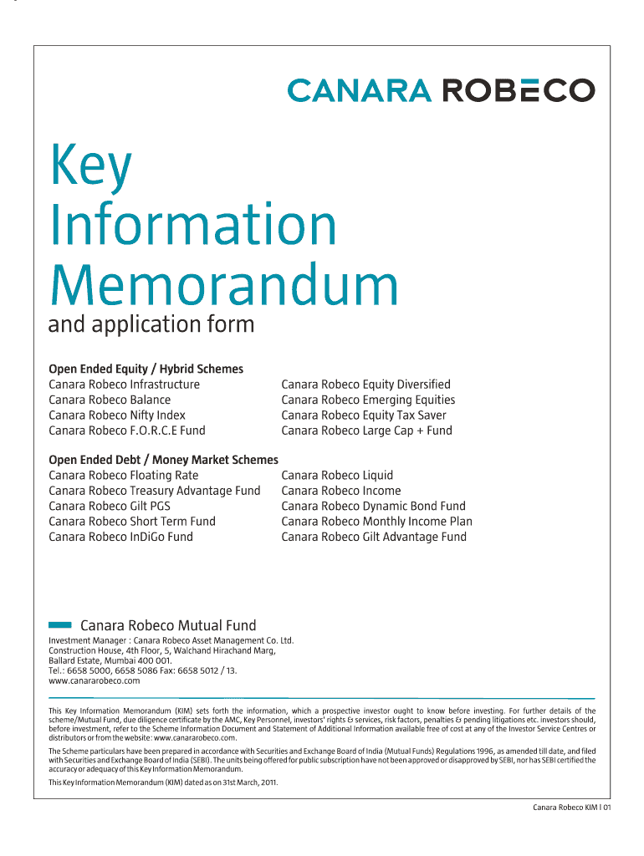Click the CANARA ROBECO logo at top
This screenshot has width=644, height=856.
[x=441, y=90]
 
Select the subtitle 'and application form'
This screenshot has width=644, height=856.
[x=151, y=324]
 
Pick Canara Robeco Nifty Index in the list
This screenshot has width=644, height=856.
[x=117, y=415]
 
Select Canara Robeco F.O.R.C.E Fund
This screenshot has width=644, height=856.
[x=126, y=431]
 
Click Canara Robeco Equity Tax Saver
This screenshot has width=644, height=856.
[x=364, y=415]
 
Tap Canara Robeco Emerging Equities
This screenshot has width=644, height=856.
[x=368, y=400]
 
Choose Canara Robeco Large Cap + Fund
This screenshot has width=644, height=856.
[x=366, y=431]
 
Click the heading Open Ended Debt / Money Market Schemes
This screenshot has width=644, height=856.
[x=163, y=460]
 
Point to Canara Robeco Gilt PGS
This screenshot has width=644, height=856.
[x=110, y=506]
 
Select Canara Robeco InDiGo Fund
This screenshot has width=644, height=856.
[x=120, y=537]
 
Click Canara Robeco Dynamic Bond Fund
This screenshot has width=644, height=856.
[x=373, y=506]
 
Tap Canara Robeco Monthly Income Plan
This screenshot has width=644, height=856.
[x=376, y=522]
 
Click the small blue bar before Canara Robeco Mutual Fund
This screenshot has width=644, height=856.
[x=60, y=624]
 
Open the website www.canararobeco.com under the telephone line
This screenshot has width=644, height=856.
[x=95, y=680]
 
